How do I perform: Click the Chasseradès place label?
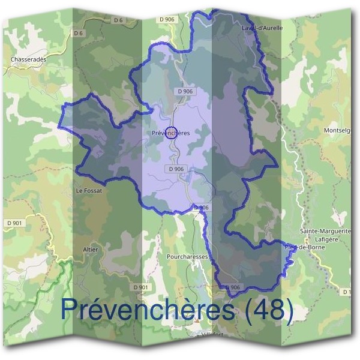(x=28, y=59)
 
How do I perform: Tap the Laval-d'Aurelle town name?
(x=262, y=28)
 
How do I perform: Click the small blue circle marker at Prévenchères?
(x=170, y=134)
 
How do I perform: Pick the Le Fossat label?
(x=89, y=190)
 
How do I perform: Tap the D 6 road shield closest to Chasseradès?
(x=79, y=34)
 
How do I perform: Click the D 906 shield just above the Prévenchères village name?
(x=185, y=91)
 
